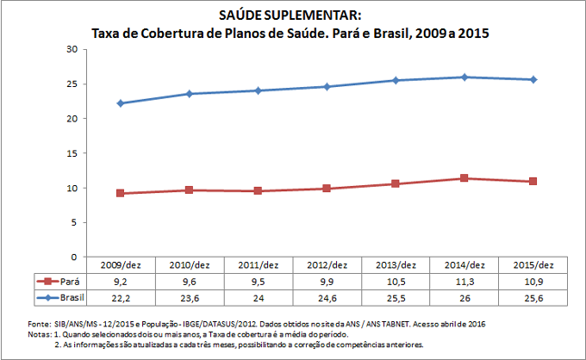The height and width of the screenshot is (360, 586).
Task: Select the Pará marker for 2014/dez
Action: tap(464, 178)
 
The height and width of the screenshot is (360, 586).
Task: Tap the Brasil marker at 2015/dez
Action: tap(533, 80)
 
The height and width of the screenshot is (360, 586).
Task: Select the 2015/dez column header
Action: tap(533, 264)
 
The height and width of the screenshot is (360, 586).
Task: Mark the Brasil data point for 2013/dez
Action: tap(396, 80)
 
